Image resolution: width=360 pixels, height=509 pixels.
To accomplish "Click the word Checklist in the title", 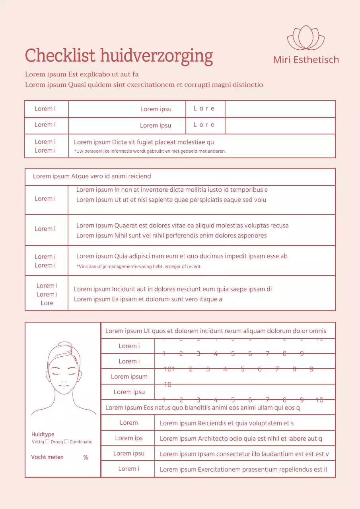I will coord(60,56).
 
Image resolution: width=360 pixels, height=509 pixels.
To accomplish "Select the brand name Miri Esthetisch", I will coord(306,60).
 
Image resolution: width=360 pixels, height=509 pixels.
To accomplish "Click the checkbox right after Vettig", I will coord(47,441).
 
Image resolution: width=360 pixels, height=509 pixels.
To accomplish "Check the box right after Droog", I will coord(66,441).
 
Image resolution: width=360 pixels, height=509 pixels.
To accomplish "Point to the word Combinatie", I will coord(81,442).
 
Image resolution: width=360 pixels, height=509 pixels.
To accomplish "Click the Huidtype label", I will coord(43,434).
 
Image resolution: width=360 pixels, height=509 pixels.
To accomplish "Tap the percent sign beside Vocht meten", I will coord(86,458).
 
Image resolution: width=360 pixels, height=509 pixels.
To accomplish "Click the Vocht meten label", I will coord(47,457).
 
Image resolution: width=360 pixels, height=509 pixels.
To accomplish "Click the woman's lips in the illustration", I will coord(63,386).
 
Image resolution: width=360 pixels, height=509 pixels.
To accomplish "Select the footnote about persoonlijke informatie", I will coord(150,151).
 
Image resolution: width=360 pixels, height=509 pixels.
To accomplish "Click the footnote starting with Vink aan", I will coord(139,266).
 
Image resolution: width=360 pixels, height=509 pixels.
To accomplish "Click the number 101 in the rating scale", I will coord(169,369).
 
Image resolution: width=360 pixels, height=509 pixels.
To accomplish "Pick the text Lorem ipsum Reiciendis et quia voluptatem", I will coord(226,423).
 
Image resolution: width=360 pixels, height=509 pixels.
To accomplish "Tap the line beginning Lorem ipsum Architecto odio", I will coord(241,439).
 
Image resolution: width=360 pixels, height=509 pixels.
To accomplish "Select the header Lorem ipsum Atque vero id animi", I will coord(92,176).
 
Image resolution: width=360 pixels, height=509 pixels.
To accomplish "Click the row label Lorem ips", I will coord(128,438).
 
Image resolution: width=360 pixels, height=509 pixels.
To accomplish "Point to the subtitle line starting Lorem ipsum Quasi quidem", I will coord(144,85).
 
